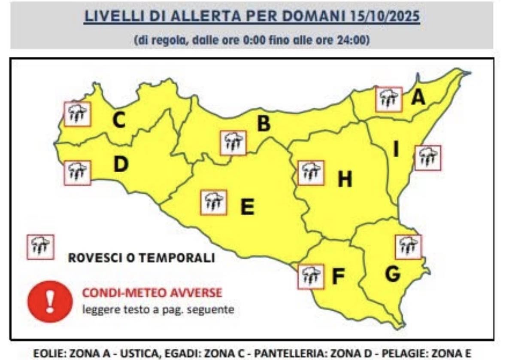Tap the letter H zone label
(x=345, y=179)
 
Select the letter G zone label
(x=392, y=274)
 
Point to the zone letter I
(x=396, y=150)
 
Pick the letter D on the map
(x=121, y=165)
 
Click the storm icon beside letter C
(x=77, y=114)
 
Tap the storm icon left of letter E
(x=213, y=202)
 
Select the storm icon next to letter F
(x=311, y=277)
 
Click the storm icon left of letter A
(x=388, y=100)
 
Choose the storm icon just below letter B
(x=233, y=143)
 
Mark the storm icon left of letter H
(x=311, y=173)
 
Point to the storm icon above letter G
(x=408, y=247)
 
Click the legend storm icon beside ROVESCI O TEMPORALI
(x=40, y=247)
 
